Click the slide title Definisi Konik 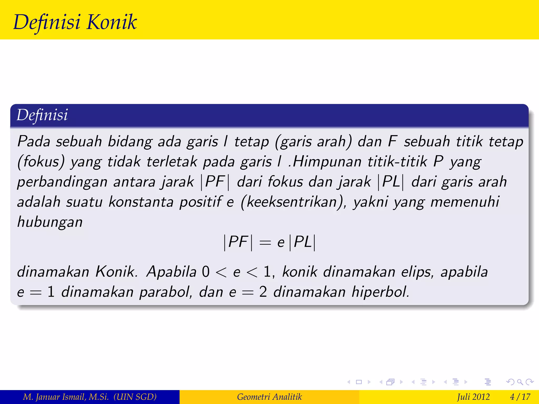[x=75, y=22]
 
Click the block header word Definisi [x=42, y=115]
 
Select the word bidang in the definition [x=130, y=142]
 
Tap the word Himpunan [x=327, y=161]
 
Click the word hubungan [x=50, y=222]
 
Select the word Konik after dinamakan [x=116, y=271]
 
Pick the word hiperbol [x=380, y=292]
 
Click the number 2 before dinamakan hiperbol [x=263, y=292]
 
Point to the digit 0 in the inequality [x=206, y=272]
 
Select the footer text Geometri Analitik [x=269, y=397]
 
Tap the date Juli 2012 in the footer [x=473, y=397]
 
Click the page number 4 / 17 [x=520, y=397]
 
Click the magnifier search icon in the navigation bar [x=520, y=382]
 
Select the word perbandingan [x=62, y=182]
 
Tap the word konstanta [x=141, y=202]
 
